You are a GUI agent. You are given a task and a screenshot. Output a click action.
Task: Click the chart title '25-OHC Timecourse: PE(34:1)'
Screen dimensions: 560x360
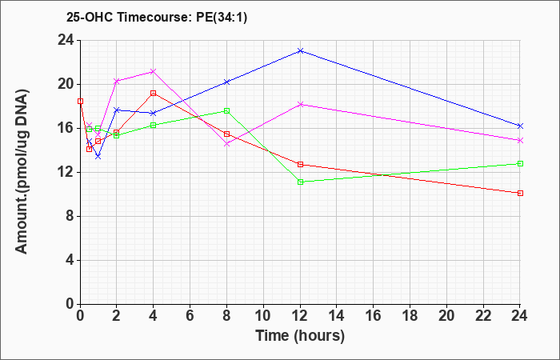[157, 18]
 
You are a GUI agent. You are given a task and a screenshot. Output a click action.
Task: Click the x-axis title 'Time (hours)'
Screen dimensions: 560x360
[300, 336]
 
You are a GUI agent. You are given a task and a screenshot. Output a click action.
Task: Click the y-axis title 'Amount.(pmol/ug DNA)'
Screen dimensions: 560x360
[22, 172]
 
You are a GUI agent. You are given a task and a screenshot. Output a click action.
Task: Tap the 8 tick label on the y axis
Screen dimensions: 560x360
[71, 217]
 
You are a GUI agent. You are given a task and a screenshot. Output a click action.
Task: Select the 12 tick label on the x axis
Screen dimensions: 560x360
[300, 316]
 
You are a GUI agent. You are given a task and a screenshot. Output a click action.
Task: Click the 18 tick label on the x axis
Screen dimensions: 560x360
[410, 316]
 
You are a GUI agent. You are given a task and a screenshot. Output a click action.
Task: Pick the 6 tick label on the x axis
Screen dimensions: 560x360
[190, 316]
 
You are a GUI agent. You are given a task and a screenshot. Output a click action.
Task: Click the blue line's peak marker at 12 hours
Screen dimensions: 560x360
[300, 51]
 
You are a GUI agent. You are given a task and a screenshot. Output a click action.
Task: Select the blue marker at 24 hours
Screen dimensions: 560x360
[520, 126]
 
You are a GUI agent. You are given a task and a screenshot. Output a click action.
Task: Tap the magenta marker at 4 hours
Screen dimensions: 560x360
[154, 71]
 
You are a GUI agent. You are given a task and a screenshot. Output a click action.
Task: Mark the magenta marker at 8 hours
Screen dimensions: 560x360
[226, 144]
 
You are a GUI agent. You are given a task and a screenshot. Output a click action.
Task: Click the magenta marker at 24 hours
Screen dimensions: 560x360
[520, 140]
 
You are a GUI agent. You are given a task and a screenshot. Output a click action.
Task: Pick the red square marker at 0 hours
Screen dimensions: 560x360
[80, 102]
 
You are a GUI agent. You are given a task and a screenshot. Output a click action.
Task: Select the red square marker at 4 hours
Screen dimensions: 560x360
[154, 94]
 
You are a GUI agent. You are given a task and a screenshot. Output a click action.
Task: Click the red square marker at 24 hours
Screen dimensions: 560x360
[520, 194]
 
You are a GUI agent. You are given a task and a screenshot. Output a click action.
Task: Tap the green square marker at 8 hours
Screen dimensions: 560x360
[226, 110]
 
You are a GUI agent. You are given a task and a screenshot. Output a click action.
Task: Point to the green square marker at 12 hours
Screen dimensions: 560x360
[300, 182]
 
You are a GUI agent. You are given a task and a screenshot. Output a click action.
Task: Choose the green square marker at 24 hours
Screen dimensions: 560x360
[520, 163]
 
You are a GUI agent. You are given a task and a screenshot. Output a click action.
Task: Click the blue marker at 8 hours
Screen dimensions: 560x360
[226, 82]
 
